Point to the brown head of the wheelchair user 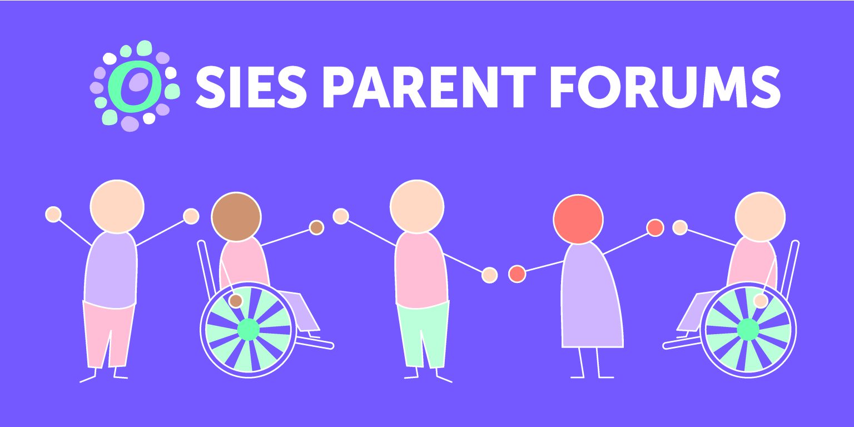236,217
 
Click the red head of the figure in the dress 578,219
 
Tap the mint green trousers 423,334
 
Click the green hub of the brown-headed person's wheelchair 248,329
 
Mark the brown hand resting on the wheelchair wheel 236,301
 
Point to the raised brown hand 316,227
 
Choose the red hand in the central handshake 517,274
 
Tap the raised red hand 655,227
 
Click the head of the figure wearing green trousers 417,206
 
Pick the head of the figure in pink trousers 117,206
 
